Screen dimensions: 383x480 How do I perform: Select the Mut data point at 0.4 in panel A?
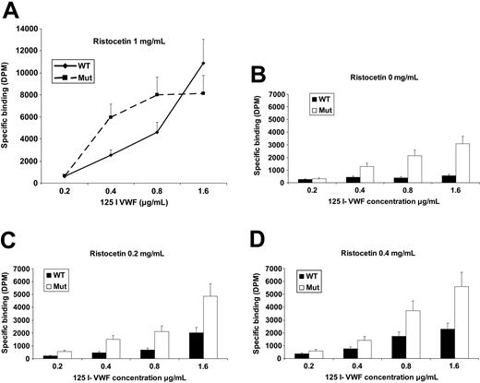pos(112,117)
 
